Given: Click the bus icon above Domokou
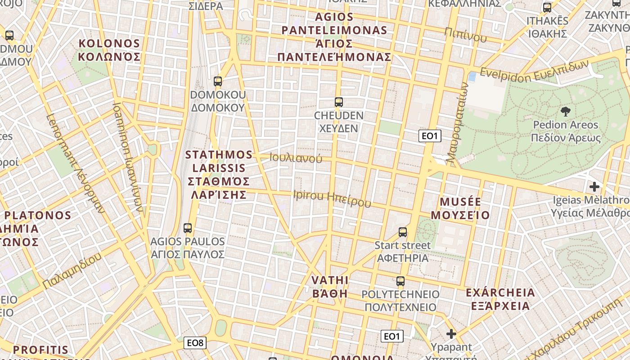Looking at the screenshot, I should [x=218, y=81].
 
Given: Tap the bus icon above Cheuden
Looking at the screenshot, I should [x=339, y=102].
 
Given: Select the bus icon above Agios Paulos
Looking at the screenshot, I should [x=188, y=228].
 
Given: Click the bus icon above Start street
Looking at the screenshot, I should [x=403, y=232].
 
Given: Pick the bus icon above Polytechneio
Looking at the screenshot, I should [x=400, y=281].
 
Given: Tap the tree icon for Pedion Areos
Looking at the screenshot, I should [x=566, y=111].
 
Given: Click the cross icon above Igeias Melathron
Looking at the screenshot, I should [x=594, y=186].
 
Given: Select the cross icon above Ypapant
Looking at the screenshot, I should [x=451, y=334].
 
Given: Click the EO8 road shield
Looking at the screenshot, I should [x=195, y=343].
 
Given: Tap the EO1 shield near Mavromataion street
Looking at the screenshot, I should [x=429, y=136].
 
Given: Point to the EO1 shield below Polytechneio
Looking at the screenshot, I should [x=392, y=336].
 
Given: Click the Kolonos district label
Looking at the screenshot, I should [x=109, y=50].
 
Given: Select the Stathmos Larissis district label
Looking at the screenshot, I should [x=219, y=175].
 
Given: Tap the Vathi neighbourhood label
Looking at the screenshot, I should [x=330, y=287].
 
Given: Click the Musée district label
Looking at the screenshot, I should [x=460, y=208].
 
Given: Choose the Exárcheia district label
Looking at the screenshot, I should [x=500, y=299].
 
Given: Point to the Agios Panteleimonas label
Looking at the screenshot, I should [x=334, y=37].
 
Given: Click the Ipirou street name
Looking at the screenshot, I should [x=332, y=198].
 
